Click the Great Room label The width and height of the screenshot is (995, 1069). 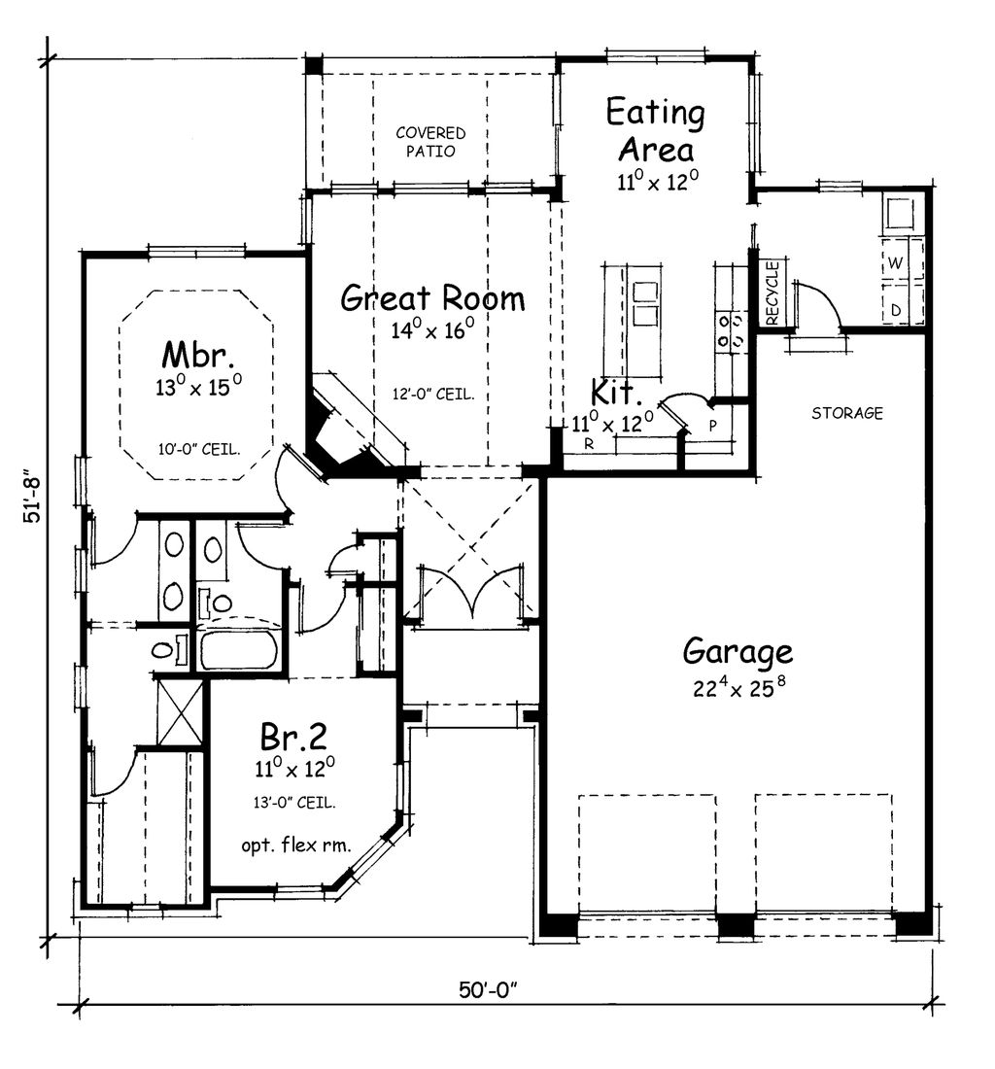432,297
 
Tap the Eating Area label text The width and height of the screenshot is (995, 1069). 655,131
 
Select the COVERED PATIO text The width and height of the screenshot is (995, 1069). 430,142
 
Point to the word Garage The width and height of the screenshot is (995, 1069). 737,650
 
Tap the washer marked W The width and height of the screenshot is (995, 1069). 895,263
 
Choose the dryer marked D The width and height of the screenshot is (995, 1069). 895,309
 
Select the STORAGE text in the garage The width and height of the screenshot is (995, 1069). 846,413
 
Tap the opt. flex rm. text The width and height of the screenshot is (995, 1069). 296,844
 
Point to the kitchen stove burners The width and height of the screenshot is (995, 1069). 731,328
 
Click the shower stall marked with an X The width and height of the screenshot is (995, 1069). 181,709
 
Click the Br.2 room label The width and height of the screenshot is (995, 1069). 292,736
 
